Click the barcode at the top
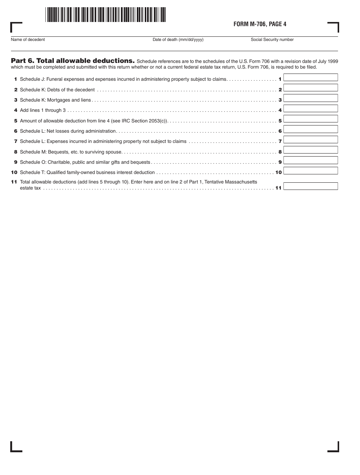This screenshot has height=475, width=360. pyautogui.click(x=105, y=15)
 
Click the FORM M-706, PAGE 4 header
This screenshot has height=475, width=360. pyautogui.click(x=260, y=24)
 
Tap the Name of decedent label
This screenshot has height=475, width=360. pyautogui.click(x=28, y=40)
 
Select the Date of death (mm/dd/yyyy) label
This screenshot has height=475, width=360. pyautogui.click(x=178, y=40)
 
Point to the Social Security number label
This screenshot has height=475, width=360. pyautogui.click(x=272, y=40)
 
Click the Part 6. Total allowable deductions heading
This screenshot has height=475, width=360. pyautogui.click(x=73, y=61)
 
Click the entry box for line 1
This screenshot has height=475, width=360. pyautogui.click(x=310, y=77)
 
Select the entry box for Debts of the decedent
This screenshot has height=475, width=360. pyautogui.click(x=310, y=88)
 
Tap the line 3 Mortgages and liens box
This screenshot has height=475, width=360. pyautogui.click(x=310, y=98)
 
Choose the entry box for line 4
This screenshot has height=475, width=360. pyautogui.click(x=310, y=108)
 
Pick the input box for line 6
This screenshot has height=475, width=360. pyautogui.click(x=310, y=129)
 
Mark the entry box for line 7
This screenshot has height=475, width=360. pyautogui.click(x=310, y=140)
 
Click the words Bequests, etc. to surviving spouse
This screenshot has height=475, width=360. pyautogui.click(x=85, y=152)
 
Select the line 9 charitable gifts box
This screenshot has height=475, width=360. pyautogui.click(x=310, y=160)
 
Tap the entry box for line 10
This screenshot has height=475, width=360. pyautogui.click(x=310, y=171)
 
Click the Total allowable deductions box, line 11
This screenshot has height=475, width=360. pyautogui.click(x=310, y=186)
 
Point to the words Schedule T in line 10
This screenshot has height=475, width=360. pyautogui.click(x=32, y=172)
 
